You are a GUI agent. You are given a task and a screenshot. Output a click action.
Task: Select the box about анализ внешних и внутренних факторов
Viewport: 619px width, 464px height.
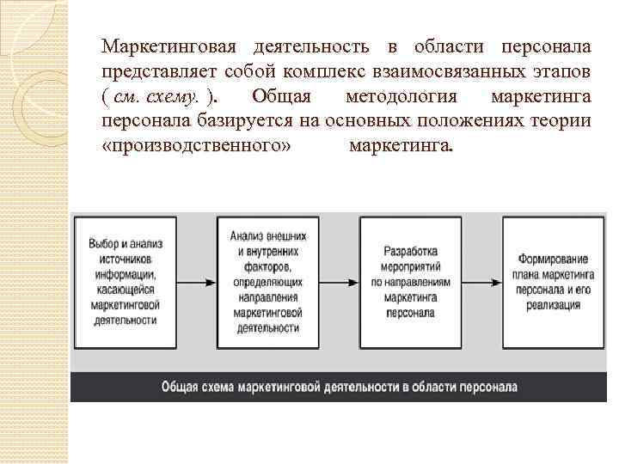pyautogui.click(x=267, y=282)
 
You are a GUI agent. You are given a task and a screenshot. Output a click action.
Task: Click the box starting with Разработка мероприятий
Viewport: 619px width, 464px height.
pyautogui.click(x=409, y=282)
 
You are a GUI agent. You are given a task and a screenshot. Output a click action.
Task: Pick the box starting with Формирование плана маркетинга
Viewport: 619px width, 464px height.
pyautogui.click(x=553, y=282)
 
